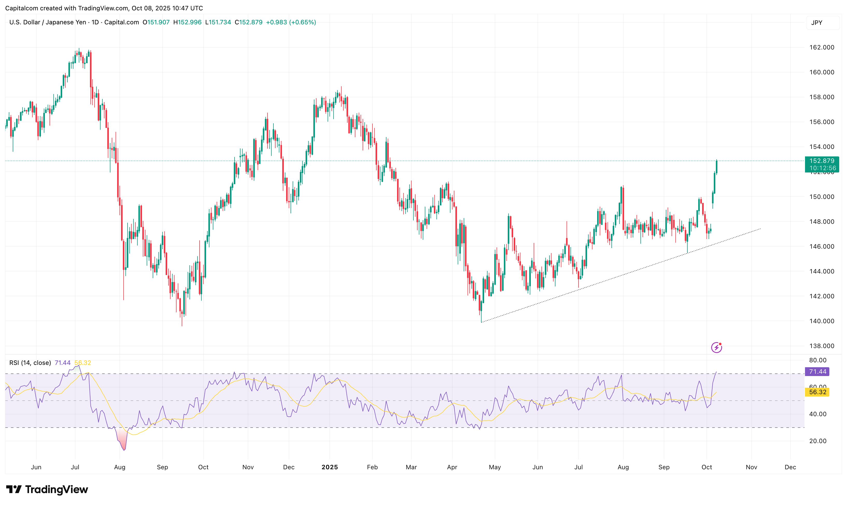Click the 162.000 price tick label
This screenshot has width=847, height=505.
click(x=821, y=47)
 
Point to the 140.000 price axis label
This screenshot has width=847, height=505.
click(x=821, y=321)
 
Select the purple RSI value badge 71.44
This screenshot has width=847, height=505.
click(x=817, y=372)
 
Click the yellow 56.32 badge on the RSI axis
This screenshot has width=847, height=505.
click(x=817, y=392)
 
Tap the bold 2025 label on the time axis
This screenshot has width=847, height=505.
click(x=329, y=467)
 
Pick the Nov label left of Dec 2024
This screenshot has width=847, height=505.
click(x=248, y=467)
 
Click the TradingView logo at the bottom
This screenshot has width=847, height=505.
click(x=47, y=490)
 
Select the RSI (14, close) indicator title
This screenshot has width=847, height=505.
click(x=30, y=363)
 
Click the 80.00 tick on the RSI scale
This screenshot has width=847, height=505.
click(x=817, y=360)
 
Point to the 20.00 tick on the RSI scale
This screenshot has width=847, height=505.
click(x=817, y=441)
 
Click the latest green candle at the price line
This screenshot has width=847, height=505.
click(x=717, y=167)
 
